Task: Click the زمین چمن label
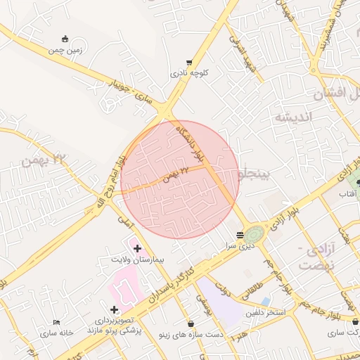65,50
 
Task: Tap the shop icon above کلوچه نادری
188,61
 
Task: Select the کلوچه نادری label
188,72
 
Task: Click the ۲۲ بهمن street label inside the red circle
175,173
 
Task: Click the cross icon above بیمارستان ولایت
136,248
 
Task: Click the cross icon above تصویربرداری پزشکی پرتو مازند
114,309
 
